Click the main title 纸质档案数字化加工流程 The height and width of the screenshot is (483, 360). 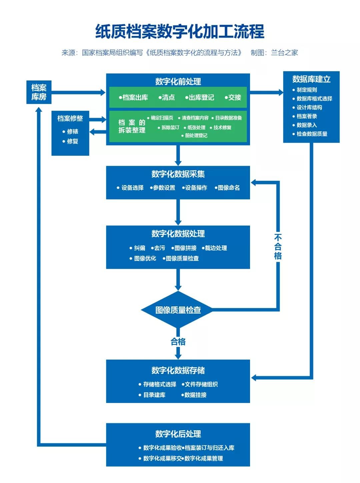[x=180, y=31]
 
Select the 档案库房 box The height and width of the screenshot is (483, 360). [x=39, y=92]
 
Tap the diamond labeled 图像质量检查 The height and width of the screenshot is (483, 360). [x=178, y=310]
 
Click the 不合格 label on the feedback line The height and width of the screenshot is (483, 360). [x=278, y=247]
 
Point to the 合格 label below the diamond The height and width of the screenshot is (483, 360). [x=178, y=342]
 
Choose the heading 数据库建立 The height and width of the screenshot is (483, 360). [x=311, y=79]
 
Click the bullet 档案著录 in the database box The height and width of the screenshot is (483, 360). [x=307, y=116]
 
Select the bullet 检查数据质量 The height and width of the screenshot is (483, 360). [x=312, y=134]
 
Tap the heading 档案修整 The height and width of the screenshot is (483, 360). [x=70, y=118]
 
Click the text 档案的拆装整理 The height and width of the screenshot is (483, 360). [x=132, y=126]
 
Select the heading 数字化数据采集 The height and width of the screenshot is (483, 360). [x=178, y=174]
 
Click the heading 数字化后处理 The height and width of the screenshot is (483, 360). [x=178, y=434]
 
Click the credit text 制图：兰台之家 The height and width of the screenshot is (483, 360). [x=274, y=53]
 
